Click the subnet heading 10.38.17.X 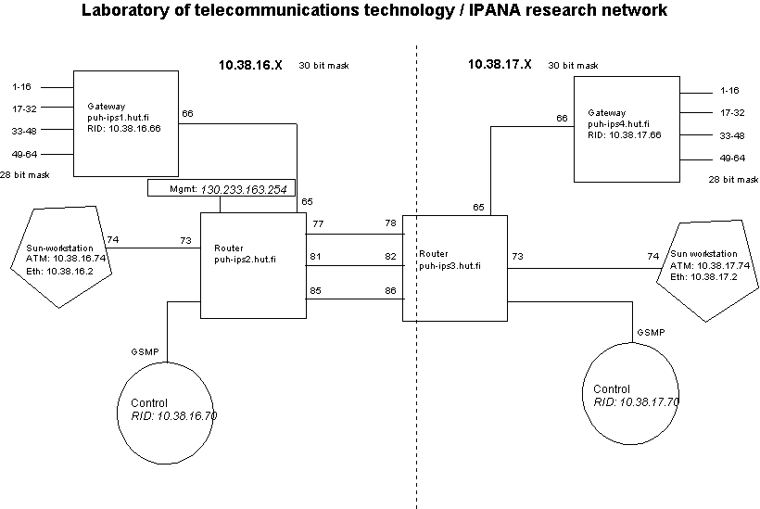coord(501,65)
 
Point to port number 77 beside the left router coord(318,224)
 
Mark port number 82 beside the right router coord(391,257)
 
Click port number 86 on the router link coord(391,290)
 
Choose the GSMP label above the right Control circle coord(650,332)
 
